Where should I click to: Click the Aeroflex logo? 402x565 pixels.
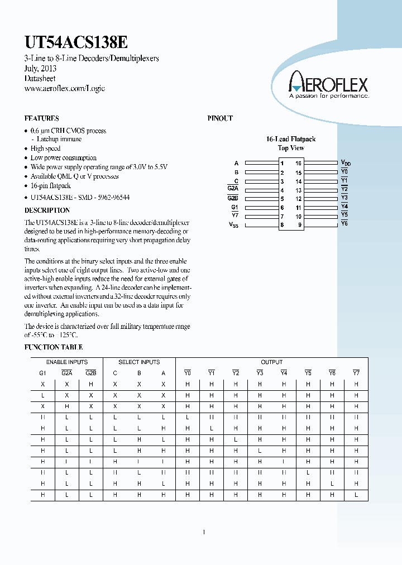(328, 86)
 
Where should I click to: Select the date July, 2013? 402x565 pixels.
(40, 68)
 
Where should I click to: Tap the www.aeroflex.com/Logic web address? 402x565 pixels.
(65, 88)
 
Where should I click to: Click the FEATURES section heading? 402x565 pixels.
(42, 118)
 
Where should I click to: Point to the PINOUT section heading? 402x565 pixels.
(220, 118)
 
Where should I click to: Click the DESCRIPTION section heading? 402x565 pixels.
(47, 210)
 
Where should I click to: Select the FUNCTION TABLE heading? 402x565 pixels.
(54, 347)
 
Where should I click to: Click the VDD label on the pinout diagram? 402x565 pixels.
(346, 163)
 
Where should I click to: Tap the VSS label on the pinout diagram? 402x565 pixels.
(233, 225)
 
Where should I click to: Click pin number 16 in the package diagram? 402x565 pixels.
(299, 164)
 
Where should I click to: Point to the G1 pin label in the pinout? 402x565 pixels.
(234, 207)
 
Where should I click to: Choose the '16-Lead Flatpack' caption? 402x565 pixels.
(291, 139)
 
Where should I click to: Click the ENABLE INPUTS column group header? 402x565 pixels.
(66, 362)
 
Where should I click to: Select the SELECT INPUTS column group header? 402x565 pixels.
(139, 362)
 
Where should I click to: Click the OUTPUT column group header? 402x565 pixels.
(271, 362)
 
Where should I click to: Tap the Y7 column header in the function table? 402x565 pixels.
(356, 373)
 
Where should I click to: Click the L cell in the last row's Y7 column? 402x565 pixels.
(356, 495)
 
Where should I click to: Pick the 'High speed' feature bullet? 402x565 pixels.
(46, 149)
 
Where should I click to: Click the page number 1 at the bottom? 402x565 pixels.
(204, 532)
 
